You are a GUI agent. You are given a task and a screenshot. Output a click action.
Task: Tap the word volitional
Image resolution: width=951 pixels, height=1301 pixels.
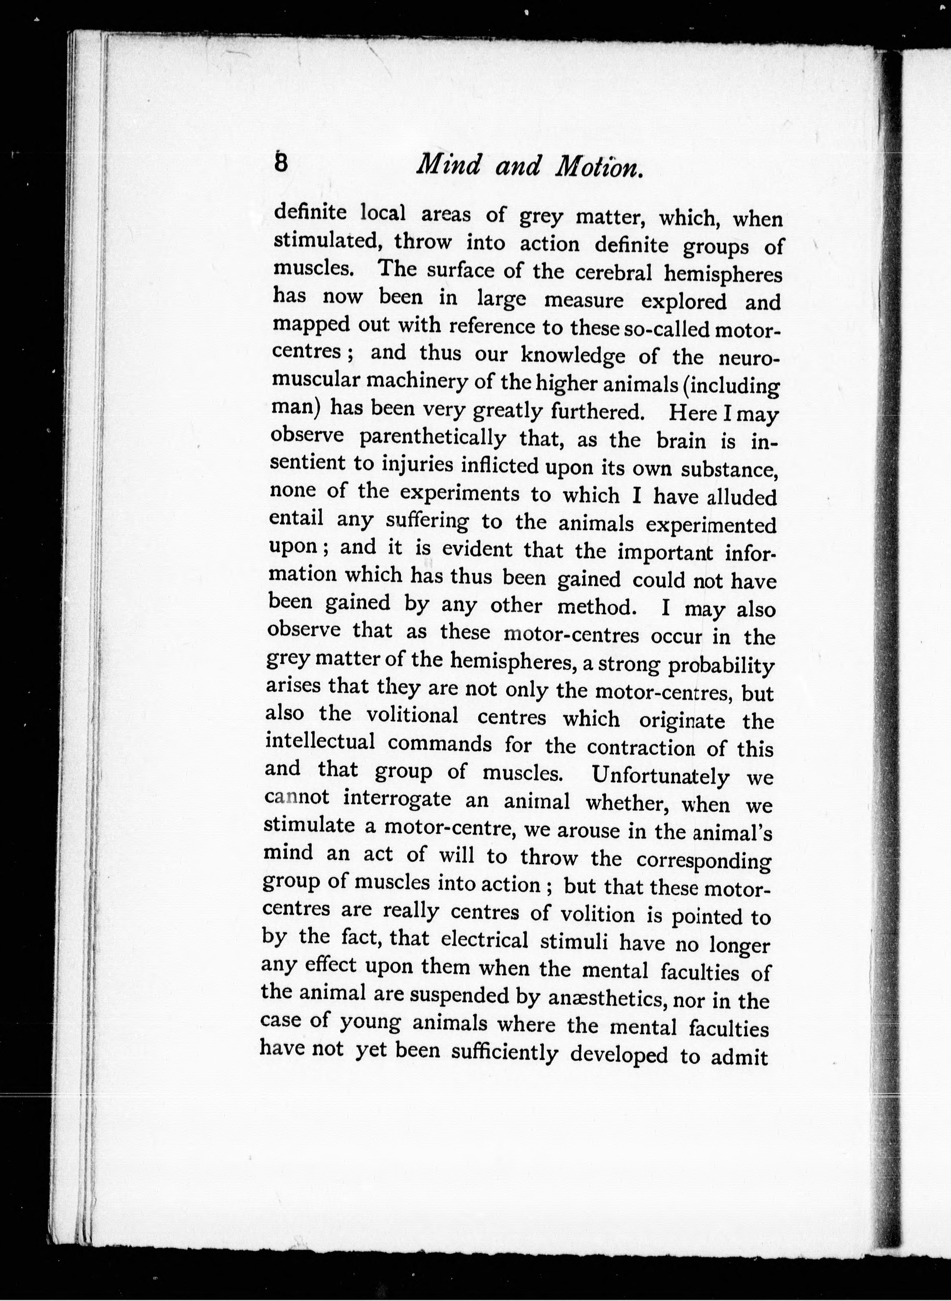click(x=412, y=716)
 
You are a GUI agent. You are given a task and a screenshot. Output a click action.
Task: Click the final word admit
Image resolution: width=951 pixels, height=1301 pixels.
click(x=740, y=1057)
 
